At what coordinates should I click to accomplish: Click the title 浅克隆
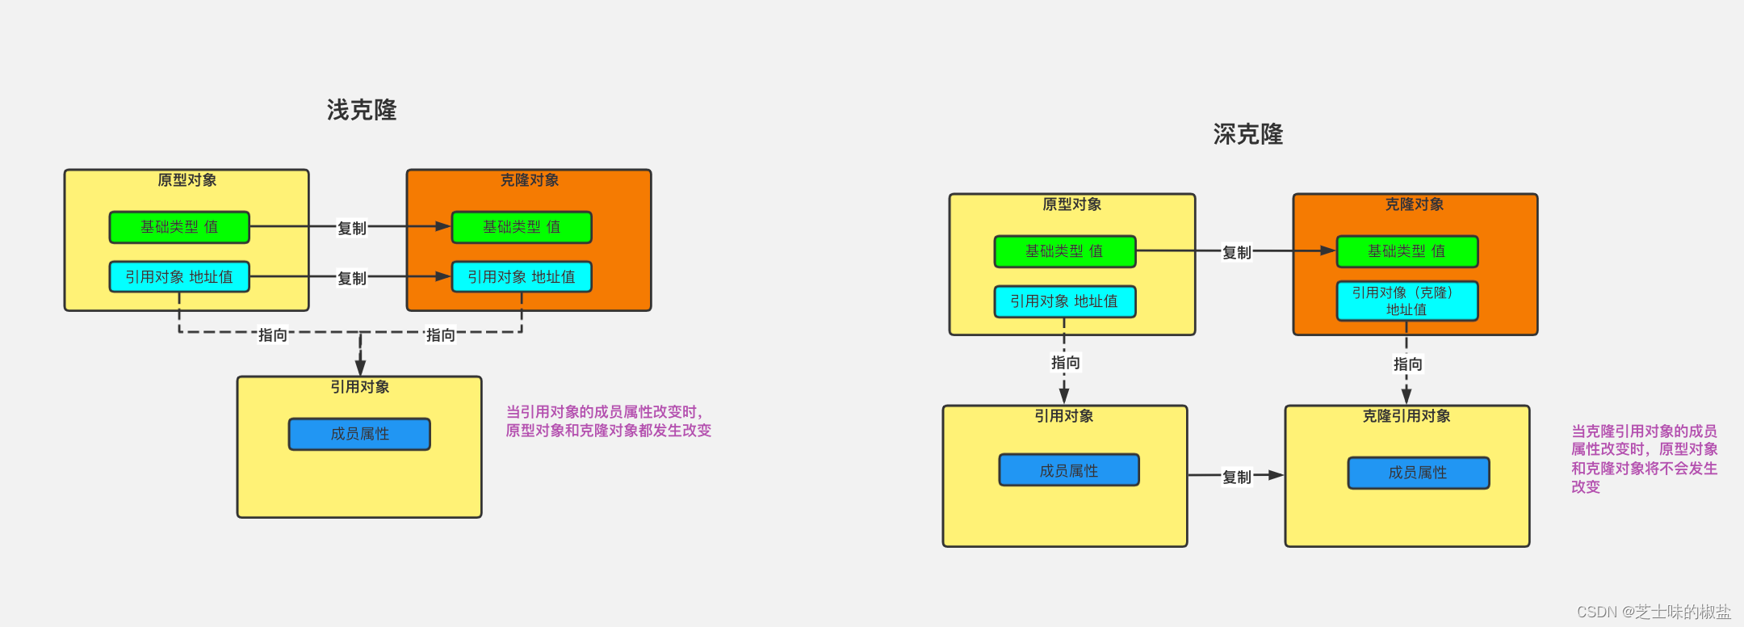click(x=362, y=110)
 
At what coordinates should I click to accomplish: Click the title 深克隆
click(x=1248, y=134)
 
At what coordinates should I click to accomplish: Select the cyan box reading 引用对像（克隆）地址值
click(x=1407, y=301)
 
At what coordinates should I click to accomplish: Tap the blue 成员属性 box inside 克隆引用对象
click(x=1419, y=473)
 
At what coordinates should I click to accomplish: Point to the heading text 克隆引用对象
click(x=1407, y=416)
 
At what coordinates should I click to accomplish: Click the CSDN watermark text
click(x=1654, y=612)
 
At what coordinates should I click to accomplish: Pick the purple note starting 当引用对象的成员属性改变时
click(x=608, y=421)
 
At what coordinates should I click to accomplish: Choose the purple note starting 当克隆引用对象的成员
click(x=1644, y=459)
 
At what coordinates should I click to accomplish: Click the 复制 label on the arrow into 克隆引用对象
click(x=1236, y=477)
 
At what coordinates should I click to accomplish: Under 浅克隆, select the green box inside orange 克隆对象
click(x=522, y=227)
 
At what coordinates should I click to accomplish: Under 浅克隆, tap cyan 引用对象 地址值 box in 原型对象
click(x=179, y=276)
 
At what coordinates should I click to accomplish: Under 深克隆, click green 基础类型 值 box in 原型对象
click(x=1064, y=251)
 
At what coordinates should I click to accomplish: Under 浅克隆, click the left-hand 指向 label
click(x=273, y=335)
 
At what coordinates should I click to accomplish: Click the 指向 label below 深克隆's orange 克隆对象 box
click(x=1407, y=364)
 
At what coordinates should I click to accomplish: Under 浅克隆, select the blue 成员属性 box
click(x=359, y=434)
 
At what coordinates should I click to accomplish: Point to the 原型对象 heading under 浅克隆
click(x=187, y=180)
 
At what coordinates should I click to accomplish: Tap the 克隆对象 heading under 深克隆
click(x=1415, y=204)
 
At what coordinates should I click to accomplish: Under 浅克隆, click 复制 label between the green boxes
click(x=352, y=228)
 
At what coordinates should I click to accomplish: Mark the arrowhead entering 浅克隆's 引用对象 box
click(x=360, y=368)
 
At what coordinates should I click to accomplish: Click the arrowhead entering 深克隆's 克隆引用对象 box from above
click(x=1407, y=396)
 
